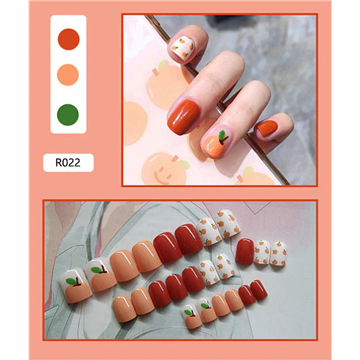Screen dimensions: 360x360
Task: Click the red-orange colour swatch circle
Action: pos(68,39)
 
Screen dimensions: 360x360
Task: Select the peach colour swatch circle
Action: pos(68,75)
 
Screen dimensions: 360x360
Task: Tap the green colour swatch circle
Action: pos(67,115)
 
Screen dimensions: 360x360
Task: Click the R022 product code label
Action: pos(68,163)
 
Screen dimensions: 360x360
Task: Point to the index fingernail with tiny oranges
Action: pos(182,47)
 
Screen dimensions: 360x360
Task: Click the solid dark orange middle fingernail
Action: pos(184,117)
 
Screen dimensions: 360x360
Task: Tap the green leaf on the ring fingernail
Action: pos(222,135)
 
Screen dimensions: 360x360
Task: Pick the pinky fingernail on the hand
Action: pos(266,128)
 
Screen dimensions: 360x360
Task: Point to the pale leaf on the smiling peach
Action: pos(184,164)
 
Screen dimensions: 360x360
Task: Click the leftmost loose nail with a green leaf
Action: pos(75,286)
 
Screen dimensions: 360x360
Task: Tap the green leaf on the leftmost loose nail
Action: pos(71,281)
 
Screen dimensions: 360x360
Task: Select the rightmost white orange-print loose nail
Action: pos(278,253)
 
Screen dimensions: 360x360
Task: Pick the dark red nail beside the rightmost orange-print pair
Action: pos(244,250)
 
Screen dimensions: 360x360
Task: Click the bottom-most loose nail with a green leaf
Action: pos(192,316)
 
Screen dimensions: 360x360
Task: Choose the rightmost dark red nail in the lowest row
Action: pos(259,290)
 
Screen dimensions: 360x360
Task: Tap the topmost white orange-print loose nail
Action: pos(228,223)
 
